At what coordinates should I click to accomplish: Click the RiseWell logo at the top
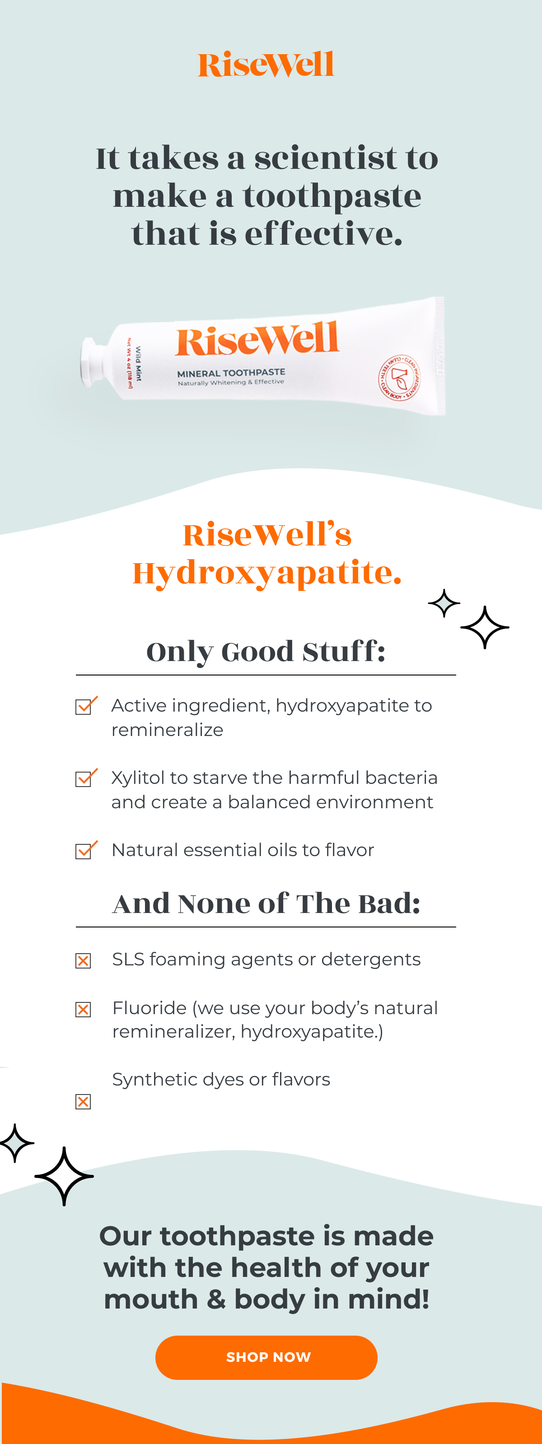coord(266,65)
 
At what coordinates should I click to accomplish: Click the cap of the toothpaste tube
coord(90,362)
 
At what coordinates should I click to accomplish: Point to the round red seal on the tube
coord(399,377)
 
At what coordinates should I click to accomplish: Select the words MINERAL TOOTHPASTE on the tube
coord(231,373)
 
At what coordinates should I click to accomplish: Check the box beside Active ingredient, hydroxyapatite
coord(84,706)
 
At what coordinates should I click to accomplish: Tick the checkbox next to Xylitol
coord(84,778)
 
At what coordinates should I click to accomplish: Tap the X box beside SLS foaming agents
coord(83,961)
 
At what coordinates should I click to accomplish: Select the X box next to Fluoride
coord(83,1010)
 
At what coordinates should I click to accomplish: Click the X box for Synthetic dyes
coord(83,1101)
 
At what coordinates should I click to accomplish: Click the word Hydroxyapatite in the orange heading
coord(267,573)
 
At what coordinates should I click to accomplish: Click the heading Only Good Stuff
coord(266,652)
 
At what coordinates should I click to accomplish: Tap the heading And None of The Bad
coord(266,904)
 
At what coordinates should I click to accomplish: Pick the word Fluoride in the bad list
coord(149,1008)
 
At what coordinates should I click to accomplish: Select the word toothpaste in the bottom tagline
coord(237,1236)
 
